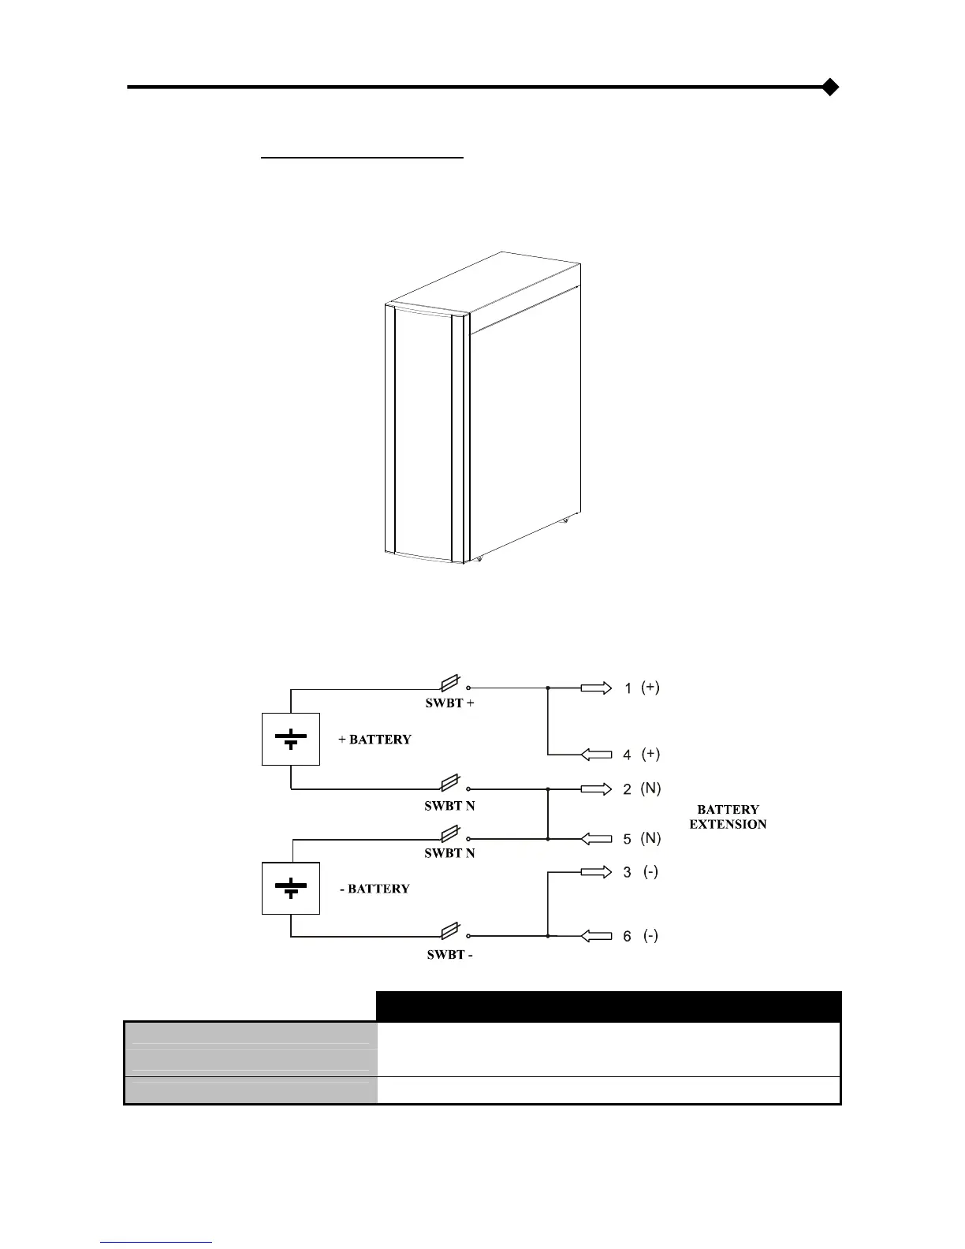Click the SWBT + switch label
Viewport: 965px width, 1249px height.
(x=449, y=703)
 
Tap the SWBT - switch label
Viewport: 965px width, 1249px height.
(x=449, y=955)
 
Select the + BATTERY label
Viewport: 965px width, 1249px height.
(x=374, y=740)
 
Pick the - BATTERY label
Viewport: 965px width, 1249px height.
(x=374, y=889)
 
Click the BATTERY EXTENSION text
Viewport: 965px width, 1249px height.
(x=728, y=817)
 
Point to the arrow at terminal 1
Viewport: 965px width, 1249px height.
(x=596, y=688)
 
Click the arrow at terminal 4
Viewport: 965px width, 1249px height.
(x=596, y=755)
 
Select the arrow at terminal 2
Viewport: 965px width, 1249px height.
(x=596, y=789)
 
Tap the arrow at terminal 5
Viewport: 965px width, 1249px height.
(x=596, y=839)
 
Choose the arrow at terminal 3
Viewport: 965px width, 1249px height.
(x=596, y=872)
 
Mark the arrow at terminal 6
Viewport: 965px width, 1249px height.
(x=596, y=936)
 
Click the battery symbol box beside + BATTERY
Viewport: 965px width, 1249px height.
(x=291, y=739)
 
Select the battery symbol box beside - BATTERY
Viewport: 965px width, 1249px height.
(x=291, y=888)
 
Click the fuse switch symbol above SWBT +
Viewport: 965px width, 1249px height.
(x=450, y=684)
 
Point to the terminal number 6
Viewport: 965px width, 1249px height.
(x=627, y=937)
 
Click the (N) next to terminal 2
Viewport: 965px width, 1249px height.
(x=650, y=789)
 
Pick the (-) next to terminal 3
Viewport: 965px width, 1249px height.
(x=650, y=872)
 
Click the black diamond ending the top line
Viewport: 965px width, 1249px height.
(x=829, y=87)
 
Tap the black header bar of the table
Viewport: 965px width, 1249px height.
(x=609, y=1006)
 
